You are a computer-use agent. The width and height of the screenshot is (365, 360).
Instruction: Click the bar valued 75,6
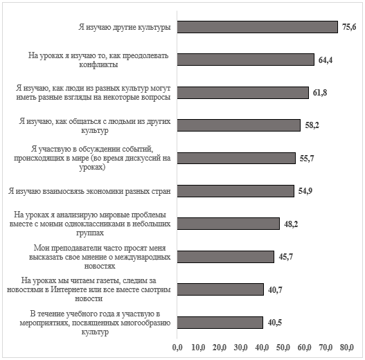pos(257,27)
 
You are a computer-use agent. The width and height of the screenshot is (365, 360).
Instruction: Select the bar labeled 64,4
pos(246,60)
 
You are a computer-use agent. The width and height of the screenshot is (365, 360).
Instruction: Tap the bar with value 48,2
pos(229,224)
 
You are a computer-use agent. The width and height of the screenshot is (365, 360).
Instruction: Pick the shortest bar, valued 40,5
pos(220,323)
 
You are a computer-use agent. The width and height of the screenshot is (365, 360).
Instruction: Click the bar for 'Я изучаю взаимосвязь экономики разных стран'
pos(235,191)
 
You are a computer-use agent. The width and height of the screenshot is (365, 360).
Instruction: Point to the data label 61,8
pos(320,93)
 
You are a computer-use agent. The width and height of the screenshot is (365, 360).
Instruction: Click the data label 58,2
pos(312,125)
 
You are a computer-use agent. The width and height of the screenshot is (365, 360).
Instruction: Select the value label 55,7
pos(307,159)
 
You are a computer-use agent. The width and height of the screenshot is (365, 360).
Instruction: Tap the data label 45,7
pos(286,257)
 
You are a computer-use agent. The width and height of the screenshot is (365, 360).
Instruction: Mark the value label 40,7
pos(275,289)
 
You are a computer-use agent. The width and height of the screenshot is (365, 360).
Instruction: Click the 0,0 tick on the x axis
pos(177,348)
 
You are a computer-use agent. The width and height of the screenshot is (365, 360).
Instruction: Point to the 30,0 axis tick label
pos(241,348)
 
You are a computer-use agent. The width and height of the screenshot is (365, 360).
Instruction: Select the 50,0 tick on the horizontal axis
pos(283,348)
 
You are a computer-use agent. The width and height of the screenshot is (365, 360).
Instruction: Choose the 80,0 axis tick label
pos(347,348)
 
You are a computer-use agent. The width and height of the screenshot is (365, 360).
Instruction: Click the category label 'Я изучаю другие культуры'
pos(125,27)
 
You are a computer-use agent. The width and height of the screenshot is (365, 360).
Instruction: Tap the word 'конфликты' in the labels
pos(98,64)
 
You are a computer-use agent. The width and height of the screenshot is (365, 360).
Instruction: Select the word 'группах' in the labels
pos(90,233)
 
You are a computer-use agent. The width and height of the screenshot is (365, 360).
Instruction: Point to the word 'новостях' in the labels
pos(100,266)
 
